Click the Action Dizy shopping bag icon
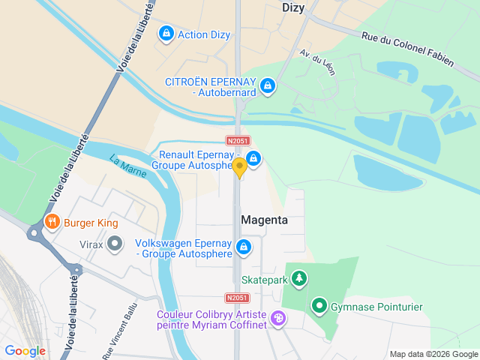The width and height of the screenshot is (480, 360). coord(166,34)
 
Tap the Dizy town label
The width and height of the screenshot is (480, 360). coord(294,7)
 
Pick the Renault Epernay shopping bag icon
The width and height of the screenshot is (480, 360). coord(254,158)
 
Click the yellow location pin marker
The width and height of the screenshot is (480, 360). coord(239,168)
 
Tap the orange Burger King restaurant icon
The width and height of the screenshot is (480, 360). coord(52,223)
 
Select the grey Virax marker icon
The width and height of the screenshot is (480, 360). coord(114,244)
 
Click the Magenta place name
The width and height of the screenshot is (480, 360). coord(264,220)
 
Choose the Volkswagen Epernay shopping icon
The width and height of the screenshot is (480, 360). coord(244,246)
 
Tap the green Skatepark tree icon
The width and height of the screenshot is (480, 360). coord(299,279)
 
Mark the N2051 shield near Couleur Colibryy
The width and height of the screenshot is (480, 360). coord(237,298)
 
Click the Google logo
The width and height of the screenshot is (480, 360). coord(25,350)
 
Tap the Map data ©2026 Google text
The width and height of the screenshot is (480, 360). coord(433,354)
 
